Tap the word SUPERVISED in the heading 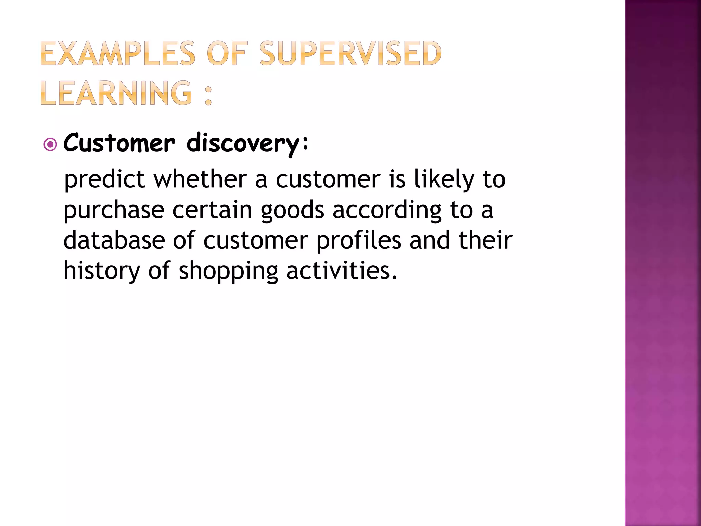click(x=350, y=53)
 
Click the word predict click(x=105, y=179)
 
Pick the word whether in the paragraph click(x=200, y=179)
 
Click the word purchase click(x=114, y=210)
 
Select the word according click(x=387, y=210)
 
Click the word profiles click(x=358, y=240)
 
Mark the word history click(x=102, y=271)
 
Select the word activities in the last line click(x=341, y=271)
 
